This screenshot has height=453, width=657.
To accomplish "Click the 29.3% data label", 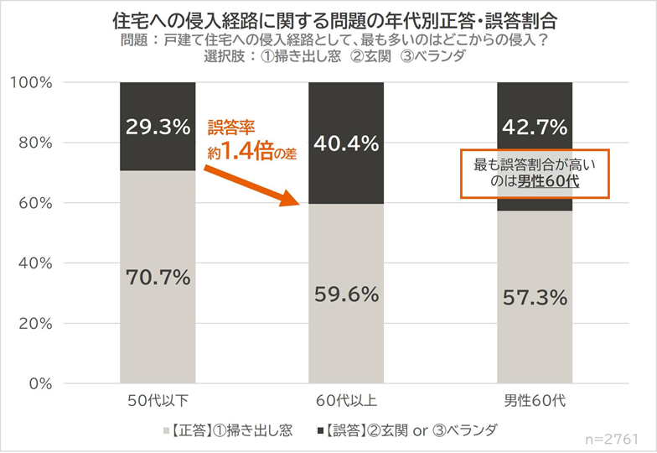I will (x=158, y=128).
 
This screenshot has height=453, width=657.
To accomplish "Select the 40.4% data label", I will (x=346, y=144).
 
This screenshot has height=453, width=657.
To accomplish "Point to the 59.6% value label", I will (x=346, y=295).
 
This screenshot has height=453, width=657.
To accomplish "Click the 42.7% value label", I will (x=535, y=128).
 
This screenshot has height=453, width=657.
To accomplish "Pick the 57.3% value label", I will (x=535, y=299).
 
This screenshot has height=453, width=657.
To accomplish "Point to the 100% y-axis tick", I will (x=34, y=82).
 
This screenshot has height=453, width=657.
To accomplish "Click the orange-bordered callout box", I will (x=535, y=174).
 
